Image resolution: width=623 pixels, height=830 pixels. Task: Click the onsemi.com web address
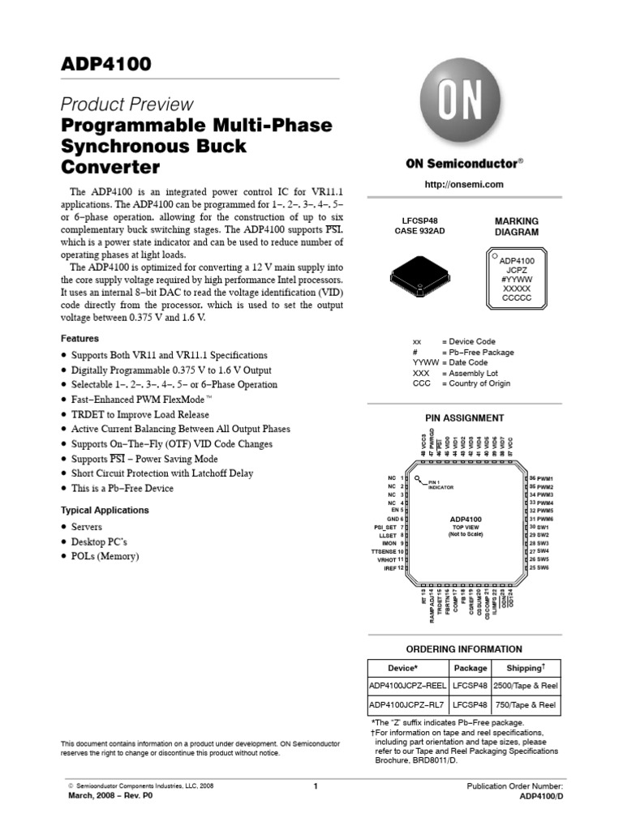pos(465,185)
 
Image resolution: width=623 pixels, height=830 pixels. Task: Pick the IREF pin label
pos(389,568)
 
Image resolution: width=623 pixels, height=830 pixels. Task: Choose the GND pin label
pos(393,519)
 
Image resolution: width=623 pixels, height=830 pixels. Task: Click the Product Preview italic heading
pos(128,104)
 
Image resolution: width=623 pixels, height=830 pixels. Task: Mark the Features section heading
pos(81,338)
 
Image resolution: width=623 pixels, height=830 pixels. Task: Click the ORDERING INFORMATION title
pos(464,649)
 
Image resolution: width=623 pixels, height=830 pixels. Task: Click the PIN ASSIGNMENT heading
pos(465,418)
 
